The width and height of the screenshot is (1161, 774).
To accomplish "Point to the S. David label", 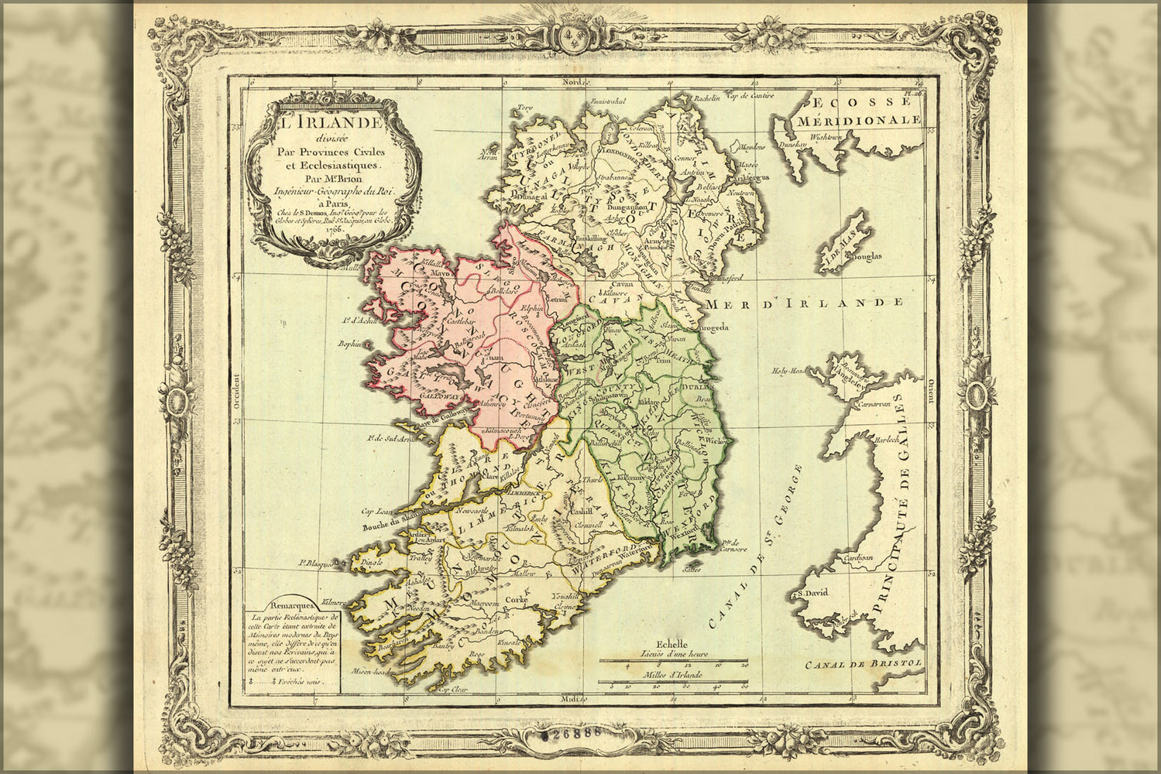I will [806, 594].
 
